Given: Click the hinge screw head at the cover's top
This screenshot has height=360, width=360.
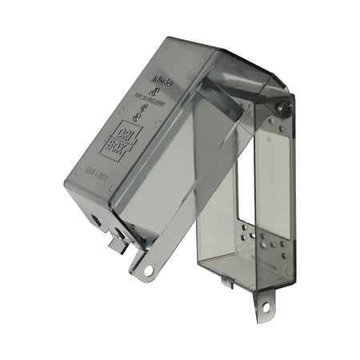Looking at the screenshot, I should [x=282, y=105].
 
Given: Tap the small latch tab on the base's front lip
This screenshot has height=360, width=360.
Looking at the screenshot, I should [x=226, y=282].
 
